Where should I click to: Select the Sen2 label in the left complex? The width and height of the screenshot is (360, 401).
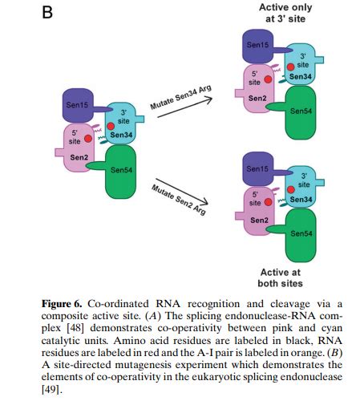click(79, 157)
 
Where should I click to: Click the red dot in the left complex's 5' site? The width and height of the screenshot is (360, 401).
click(88, 139)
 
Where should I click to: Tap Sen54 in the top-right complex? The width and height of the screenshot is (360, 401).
click(301, 110)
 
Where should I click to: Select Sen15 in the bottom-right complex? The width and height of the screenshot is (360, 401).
click(257, 169)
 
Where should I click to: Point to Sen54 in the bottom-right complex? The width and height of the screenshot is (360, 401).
click(301, 233)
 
